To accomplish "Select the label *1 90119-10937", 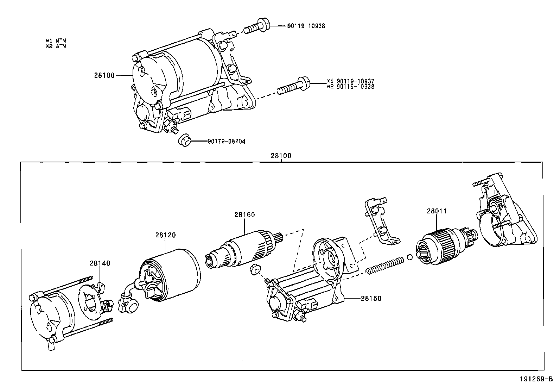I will [x=350, y=81].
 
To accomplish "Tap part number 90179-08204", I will [x=226, y=141].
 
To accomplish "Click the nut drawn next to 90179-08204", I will [x=184, y=140].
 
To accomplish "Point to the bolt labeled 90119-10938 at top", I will [x=256, y=26].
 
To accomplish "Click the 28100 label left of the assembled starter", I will [x=104, y=75].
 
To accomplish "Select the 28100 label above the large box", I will [x=281, y=156].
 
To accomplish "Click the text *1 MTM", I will [x=56, y=41].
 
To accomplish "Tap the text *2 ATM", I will [x=56, y=46].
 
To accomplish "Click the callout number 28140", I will [x=100, y=263].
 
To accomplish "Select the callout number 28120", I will [x=165, y=235].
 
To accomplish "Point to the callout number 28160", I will [x=244, y=215].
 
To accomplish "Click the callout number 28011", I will [x=437, y=211].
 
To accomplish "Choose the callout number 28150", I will [x=371, y=298].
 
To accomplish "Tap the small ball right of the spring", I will [x=409, y=257].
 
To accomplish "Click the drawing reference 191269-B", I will [x=536, y=379].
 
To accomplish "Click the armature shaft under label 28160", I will [x=243, y=248].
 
